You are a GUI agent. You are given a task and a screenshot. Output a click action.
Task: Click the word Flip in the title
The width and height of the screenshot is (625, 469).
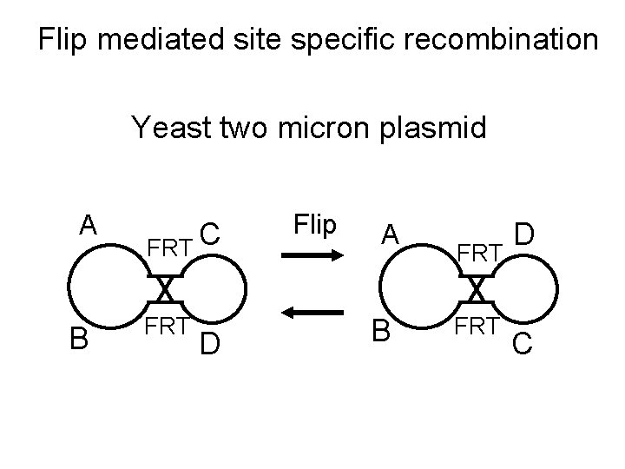66,39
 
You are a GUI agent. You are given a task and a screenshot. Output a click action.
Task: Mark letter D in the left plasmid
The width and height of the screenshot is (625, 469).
208,343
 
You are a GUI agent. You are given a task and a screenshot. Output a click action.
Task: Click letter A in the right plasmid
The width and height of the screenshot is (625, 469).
391,234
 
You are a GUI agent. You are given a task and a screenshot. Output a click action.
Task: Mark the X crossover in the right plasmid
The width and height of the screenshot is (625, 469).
476,288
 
